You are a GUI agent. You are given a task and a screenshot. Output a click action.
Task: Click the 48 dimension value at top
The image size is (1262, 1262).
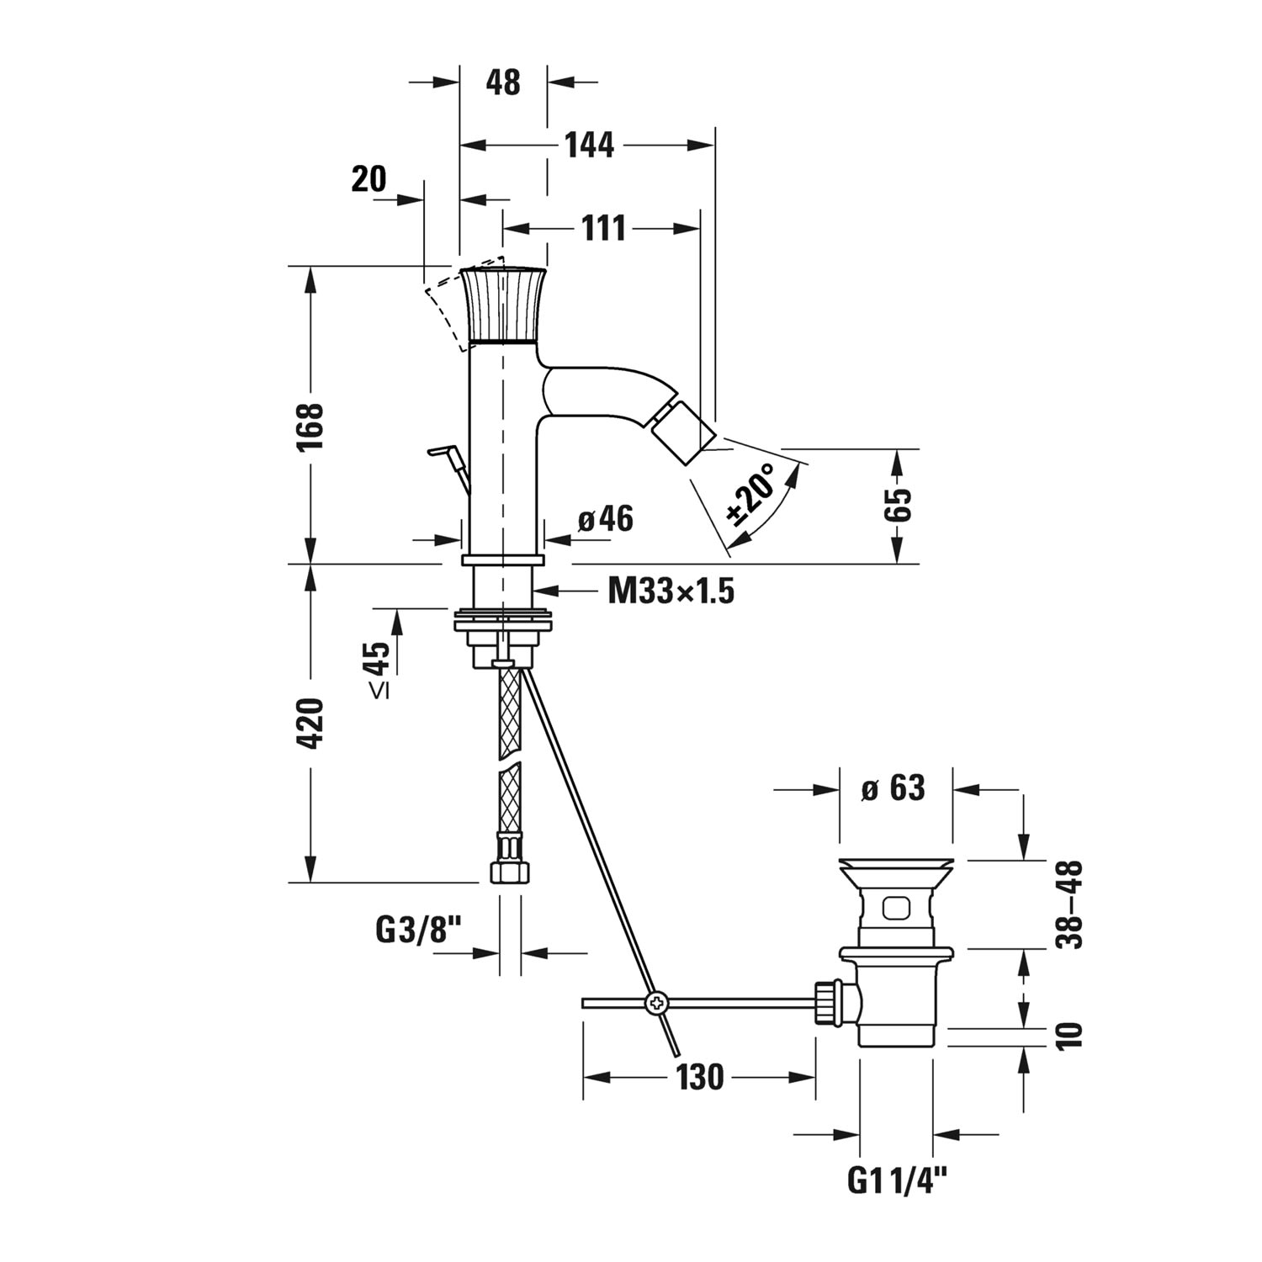(503, 82)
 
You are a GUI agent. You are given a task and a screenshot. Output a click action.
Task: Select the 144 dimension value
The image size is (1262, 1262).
(589, 146)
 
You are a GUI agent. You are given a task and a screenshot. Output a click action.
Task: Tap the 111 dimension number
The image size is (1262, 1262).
(604, 228)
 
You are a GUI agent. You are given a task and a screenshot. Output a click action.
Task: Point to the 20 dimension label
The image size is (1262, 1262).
(369, 178)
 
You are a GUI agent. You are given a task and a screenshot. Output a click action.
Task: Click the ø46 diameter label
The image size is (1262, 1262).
(606, 520)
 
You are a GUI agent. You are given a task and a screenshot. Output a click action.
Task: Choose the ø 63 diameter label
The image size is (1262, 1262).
(893, 788)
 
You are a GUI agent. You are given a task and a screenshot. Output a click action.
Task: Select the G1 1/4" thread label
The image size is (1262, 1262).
(896, 1181)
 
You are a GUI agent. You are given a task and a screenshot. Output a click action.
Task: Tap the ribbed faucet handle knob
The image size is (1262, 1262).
(503, 305)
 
